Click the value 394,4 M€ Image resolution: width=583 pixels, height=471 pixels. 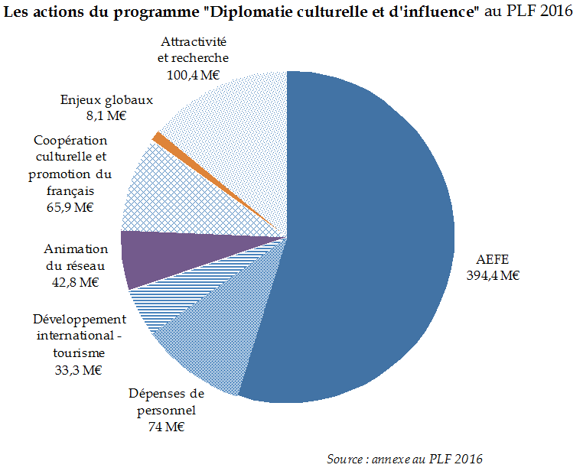(493, 276)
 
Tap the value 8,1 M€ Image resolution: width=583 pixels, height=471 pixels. (107, 116)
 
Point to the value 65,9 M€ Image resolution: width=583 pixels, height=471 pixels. (71, 208)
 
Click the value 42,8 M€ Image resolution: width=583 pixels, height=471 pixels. (76, 282)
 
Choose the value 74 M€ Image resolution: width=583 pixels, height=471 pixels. (166, 427)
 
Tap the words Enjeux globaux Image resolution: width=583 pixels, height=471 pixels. (107, 100)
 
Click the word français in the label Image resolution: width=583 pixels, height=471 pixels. (71, 191)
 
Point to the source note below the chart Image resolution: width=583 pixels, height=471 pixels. (405, 459)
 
